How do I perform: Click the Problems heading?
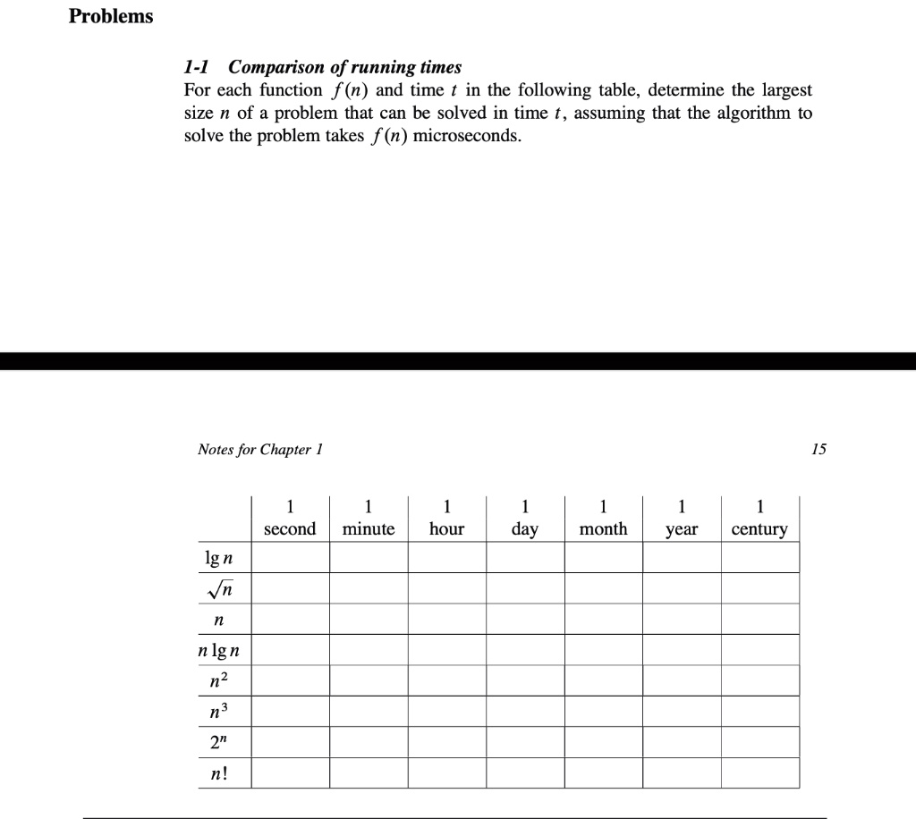click(111, 17)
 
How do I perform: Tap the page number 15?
click(818, 449)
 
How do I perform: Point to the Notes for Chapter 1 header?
click(259, 449)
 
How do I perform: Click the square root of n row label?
click(219, 589)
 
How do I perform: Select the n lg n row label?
click(219, 650)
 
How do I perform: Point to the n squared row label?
click(219, 680)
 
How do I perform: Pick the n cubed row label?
click(219, 712)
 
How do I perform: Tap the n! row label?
click(219, 773)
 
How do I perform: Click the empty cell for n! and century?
click(760, 773)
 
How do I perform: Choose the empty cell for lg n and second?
click(290, 559)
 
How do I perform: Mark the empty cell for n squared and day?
click(525, 680)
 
